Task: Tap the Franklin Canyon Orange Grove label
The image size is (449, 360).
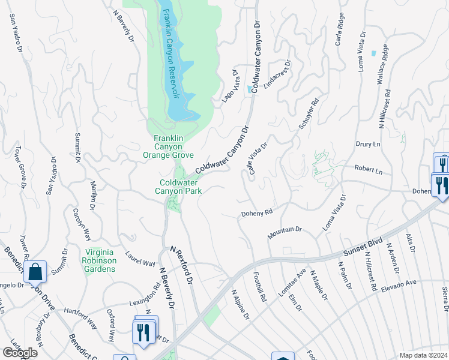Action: click(x=168, y=146)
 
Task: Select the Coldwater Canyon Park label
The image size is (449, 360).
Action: click(x=180, y=187)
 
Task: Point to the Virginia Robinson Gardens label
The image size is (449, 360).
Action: click(x=100, y=260)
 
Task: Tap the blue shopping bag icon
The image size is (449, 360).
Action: click(x=35, y=272)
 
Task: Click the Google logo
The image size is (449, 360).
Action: click(x=19, y=353)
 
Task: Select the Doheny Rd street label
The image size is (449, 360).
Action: click(x=257, y=213)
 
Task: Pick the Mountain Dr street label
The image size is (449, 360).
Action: click(x=285, y=231)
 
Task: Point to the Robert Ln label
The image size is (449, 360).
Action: click(x=368, y=170)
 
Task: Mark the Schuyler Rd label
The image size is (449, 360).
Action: click(x=309, y=112)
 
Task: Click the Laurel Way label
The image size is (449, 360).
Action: click(x=140, y=259)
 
